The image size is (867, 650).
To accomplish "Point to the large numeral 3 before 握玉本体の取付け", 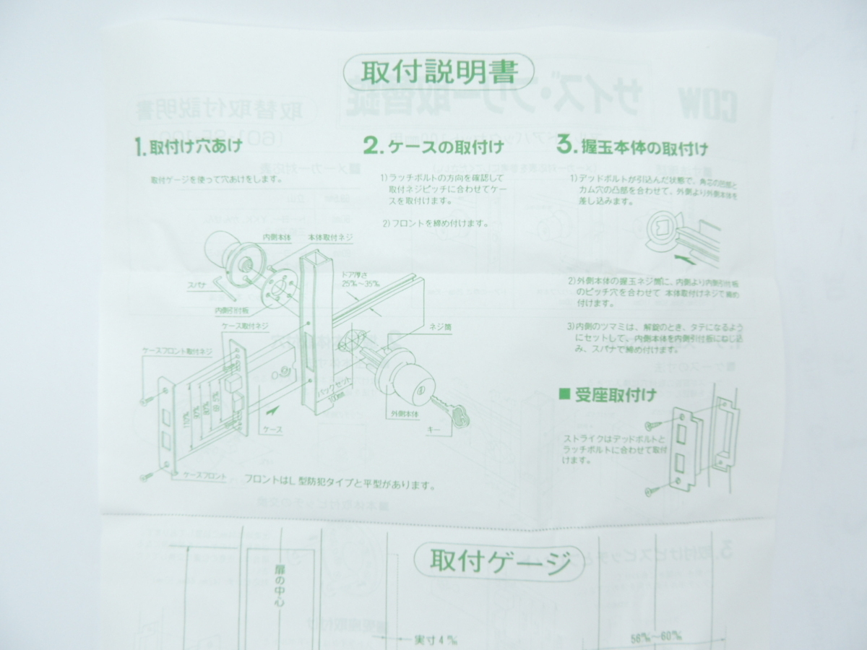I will coord(565,144).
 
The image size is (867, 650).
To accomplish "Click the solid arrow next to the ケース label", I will coord(272,412).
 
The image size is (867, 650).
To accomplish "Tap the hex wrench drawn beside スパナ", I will coord(222,290).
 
